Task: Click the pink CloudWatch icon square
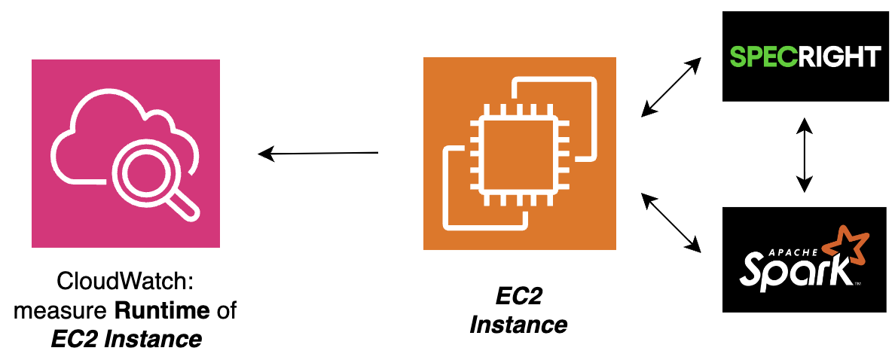(125, 154)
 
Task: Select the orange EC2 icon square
(519, 154)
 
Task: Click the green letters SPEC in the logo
(760, 56)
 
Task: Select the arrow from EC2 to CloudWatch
(318, 154)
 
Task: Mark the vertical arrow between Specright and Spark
(805, 154)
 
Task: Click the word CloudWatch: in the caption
(126, 284)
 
